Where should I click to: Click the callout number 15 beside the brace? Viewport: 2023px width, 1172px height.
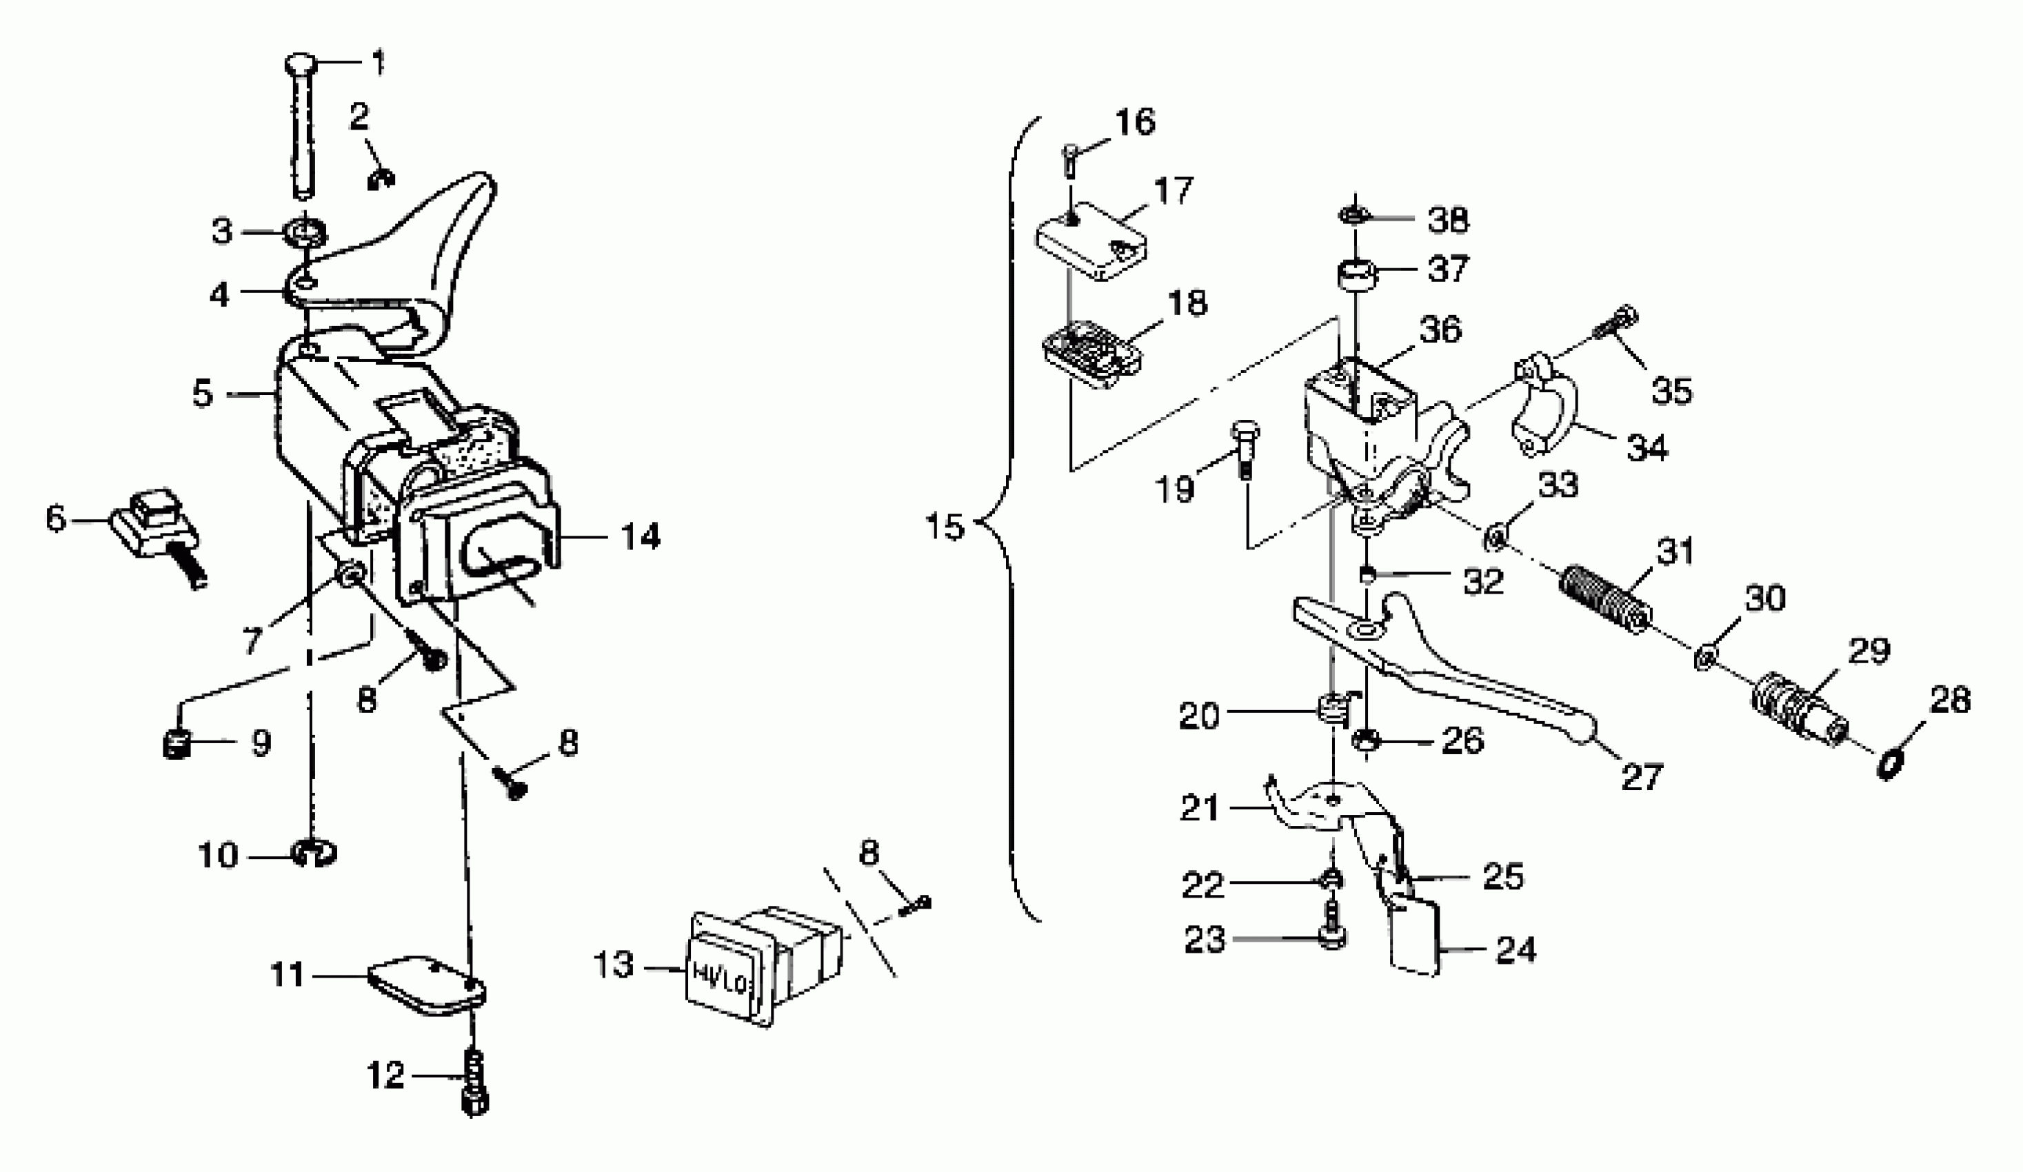point(944,527)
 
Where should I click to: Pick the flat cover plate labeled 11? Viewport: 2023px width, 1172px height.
point(425,986)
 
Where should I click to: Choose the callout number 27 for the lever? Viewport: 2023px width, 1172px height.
point(1641,776)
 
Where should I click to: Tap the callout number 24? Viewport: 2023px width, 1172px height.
point(1515,949)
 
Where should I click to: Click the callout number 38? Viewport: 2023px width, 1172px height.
point(1447,219)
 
